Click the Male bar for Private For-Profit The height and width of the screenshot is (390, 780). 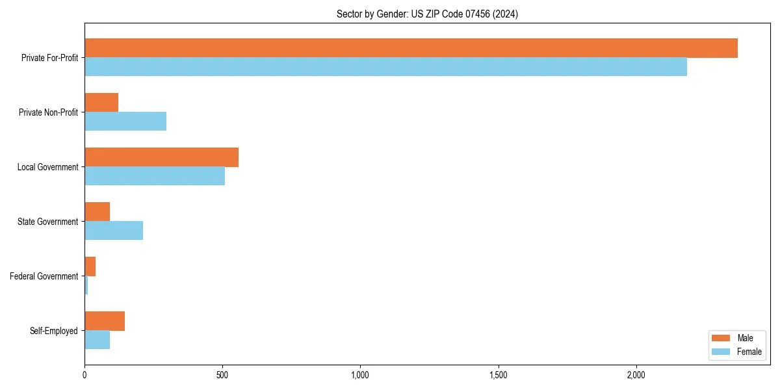pyautogui.click(x=411, y=48)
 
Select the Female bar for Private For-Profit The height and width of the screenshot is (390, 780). pyautogui.click(x=385, y=67)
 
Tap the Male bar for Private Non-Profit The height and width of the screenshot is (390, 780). pyautogui.click(x=101, y=103)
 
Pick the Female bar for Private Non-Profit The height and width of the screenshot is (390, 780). pyautogui.click(x=125, y=122)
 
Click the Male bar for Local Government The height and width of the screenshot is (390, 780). pyautogui.click(x=161, y=157)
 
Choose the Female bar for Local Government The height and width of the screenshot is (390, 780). pyautogui.click(x=155, y=176)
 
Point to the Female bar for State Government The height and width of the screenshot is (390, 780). pyautogui.click(x=114, y=231)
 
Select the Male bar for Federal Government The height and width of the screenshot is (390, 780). pyautogui.click(x=90, y=266)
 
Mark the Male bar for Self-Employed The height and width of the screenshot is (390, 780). pyautogui.click(x=105, y=321)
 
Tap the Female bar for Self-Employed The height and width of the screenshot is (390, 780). pyautogui.click(x=97, y=340)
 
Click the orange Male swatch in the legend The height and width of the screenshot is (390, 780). pyautogui.click(x=721, y=338)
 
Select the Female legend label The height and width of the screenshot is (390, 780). pyautogui.click(x=749, y=352)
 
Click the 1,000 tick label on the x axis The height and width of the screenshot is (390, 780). pyautogui.click(x=360, y=375)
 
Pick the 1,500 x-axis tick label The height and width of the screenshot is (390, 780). pyautogui.click(x=498, y=375)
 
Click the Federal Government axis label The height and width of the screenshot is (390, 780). pyautogui.click(x=44, y=276)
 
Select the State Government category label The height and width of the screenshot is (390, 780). pyautogui.click(x=47, y=222)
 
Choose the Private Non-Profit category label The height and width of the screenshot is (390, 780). pyautogui.click(x=48, y=112)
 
